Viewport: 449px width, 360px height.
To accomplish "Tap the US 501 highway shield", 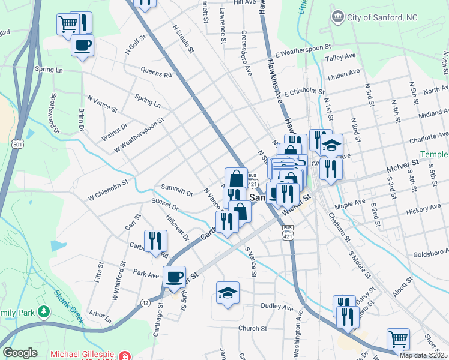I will pyautogui.click(x=17, y=144).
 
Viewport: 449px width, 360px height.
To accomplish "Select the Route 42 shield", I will pyautogui.click(x=145, y=302).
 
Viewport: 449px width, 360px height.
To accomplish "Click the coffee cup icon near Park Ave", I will pyautogui.click(x=175, y=277).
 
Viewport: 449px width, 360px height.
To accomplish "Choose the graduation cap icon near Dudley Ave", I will pyautogui.click(x=228, y=292).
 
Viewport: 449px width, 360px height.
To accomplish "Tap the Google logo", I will pyautogui.click(x=20, y=352).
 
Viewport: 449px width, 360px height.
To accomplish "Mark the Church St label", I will pyautogui.click(x=252, y=328).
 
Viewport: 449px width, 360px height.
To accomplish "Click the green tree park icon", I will pyautogui.click(x=43, y=311).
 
